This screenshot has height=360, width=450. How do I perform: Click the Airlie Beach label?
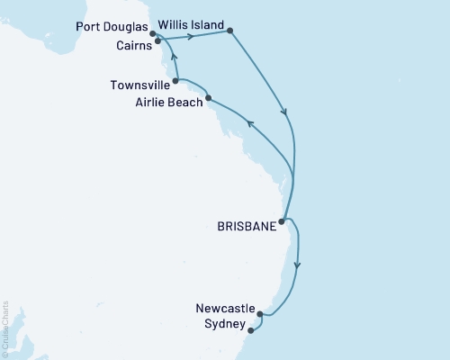pyautogui.click(x=167, y=103)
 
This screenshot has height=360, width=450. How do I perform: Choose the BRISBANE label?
pyautogui.click(x=245, y=227)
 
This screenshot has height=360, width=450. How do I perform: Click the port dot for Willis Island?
pyautogui.click(x=230, y=31)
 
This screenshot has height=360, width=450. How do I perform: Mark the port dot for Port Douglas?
pyautogui.click(x=154, y=34)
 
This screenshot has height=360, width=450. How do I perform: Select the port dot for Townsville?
pyautogui.click(x=175, y=81)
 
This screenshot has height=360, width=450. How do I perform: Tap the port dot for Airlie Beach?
pyautogui.click(x=208, y=98)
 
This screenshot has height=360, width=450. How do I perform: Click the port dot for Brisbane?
pyautogui.click(x=283, y=220)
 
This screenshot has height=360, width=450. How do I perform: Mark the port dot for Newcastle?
pyautogui.click(x=259, y=314)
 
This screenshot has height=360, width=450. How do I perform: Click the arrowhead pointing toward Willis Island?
pyautogui.click(x=190, y=37)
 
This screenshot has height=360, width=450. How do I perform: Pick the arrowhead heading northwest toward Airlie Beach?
pyautogui.click(x=251, y=124)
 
